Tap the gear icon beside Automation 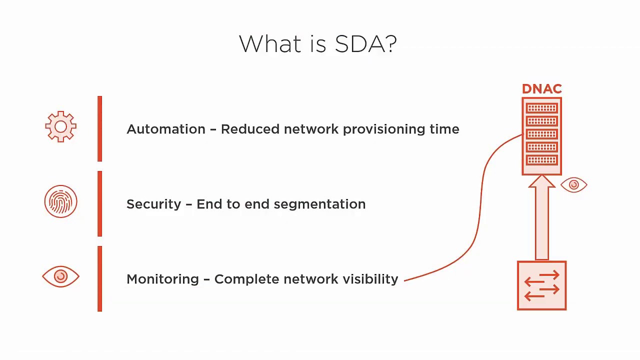coord(60,126)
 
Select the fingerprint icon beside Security coord(60,201)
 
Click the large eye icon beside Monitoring coord(60,276)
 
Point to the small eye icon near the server coord(573,185)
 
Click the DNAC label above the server coord(541,89)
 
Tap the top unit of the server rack coord(541,108)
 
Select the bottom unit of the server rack coord(541,160)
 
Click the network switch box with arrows coord(541,285)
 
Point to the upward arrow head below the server coord(541,181)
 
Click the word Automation coord(166,129)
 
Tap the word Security coord(153,204)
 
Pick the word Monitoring coord(162,279)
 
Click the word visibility coord(370,279)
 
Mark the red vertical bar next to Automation coord(100,129)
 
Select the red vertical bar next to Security coord(100,204)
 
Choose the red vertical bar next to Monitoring coord(100,279)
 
